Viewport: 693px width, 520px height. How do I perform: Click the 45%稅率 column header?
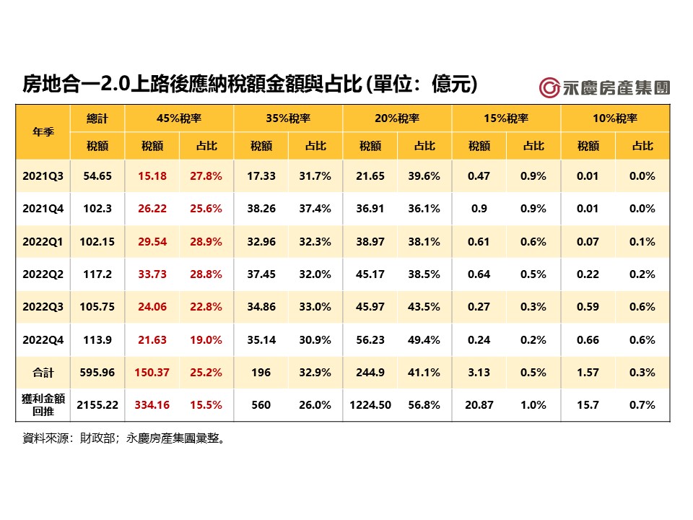pyautogui.click(x=179, y=118)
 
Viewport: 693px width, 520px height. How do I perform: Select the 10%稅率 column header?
pyautogui.click(x=616, y=118)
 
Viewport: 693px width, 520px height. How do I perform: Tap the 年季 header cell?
pyautogui.click(x=43, y=132)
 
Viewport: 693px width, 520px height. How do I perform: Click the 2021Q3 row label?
pyautogui.click(x=43, y=176)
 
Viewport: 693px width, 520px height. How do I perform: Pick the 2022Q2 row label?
pyautogui.click(x=43, y=274)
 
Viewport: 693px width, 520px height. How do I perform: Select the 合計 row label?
pyautogui.click(x=43, y=373)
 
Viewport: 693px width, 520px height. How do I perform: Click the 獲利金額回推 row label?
pyautogui.click(x=43, y=405)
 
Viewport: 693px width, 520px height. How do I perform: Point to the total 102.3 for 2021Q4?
pyautogui.click(x=97, y=209)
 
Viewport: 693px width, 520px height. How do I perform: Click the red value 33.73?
pyautogui.click(x=152, y=274)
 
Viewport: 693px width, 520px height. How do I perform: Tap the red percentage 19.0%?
pyautogui.click(x=206, y=340)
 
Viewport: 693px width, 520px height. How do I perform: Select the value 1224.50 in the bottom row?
pyautogui.click(x=370, y=405)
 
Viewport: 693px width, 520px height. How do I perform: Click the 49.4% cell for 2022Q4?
pyautogui.click(x=424, y=340)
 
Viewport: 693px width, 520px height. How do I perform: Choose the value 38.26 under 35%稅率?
pyautogui.click(x=261, y=209)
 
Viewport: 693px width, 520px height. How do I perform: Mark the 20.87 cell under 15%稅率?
pyautogui.click(x=479, y=405)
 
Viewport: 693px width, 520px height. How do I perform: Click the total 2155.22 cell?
pyautogui.click(x=97, y=405)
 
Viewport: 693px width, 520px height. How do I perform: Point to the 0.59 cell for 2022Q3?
pyautogui.click(x=588, y=307)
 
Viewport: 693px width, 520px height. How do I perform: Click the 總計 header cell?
pyautogui.click(x=97, y=118)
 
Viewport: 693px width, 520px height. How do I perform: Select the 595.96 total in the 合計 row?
pyautogui.click(x=97, y=373)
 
